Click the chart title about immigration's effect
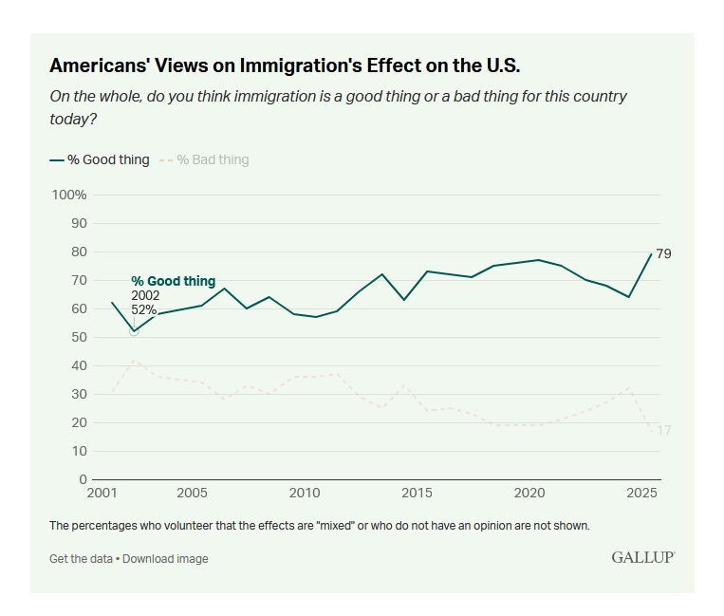click(285, 65)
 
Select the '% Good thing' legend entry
click(100, 159)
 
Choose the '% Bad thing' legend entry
click(204, 159)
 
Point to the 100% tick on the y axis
click(68, 195)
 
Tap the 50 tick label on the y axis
click(79, 337)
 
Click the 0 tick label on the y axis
click(83, 479)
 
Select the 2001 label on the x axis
click(102, 494)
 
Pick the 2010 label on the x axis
click(304, 494)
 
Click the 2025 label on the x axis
click(642, 494)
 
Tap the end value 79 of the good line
click(663, 253)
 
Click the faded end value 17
click(663, 431)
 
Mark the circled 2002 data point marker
click(134, 331)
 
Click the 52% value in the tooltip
click(144, 309)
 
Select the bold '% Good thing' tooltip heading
click(173, 282)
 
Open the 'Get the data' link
click(81, 559)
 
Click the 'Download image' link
click(165, 559)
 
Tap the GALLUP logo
click(642, 557)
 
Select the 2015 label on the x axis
click(417, 494)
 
